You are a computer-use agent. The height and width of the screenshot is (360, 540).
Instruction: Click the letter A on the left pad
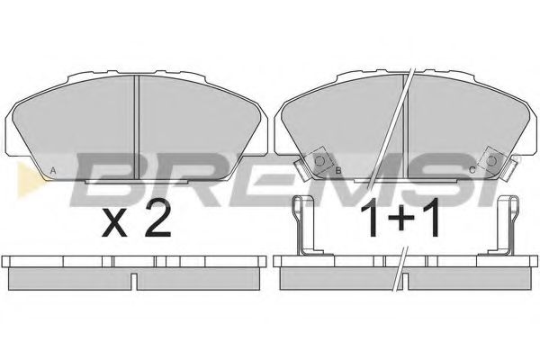click(53, 170)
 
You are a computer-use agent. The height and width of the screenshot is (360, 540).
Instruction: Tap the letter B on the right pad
click(338, 170)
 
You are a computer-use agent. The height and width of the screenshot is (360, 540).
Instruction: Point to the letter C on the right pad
click(472, 170)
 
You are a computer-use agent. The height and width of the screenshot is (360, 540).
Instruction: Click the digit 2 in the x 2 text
click(157, 219)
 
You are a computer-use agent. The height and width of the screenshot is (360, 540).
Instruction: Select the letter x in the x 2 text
click(114, 223)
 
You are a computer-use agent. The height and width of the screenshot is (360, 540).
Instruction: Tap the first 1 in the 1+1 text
click(371, 218)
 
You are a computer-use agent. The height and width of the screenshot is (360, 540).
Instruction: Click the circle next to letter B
click(319, 161)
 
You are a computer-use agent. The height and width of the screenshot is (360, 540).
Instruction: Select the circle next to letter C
click(491, 161)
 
